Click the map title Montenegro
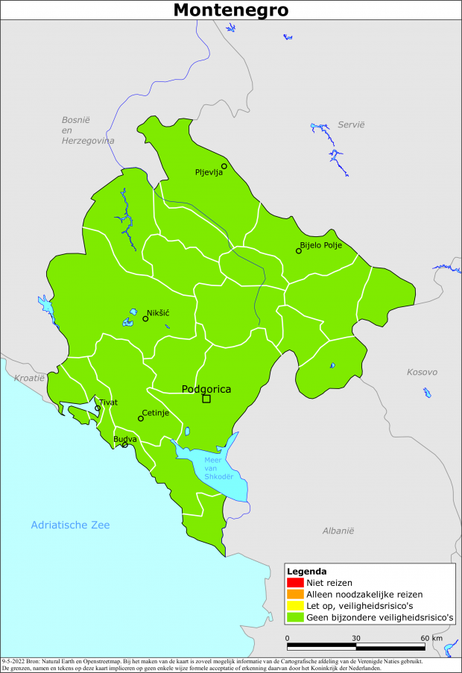tap(230, 10)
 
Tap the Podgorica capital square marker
tap(206, 399)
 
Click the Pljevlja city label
tap(209, 173)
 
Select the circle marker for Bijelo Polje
tap(299, 250)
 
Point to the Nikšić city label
tap(158, 312)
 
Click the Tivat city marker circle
tap(98, 408)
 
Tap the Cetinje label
tap(156, 412)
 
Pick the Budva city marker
tap(125, 445)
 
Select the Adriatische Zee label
tap(70, 525)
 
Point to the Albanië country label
tap(338, 531)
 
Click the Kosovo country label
tap(422, 372)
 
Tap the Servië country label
tap(351, 124)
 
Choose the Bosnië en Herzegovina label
tap(87, 130)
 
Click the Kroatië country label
tap(29, 379)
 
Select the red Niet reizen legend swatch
tap(295, 583)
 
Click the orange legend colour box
tap(295, 595)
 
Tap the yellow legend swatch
tap(295, 606)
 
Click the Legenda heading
tap(306, 571)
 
